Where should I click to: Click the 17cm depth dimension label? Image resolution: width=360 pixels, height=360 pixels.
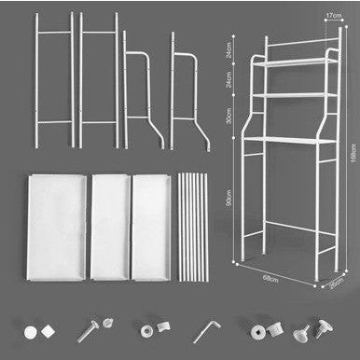click(331, 16)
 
